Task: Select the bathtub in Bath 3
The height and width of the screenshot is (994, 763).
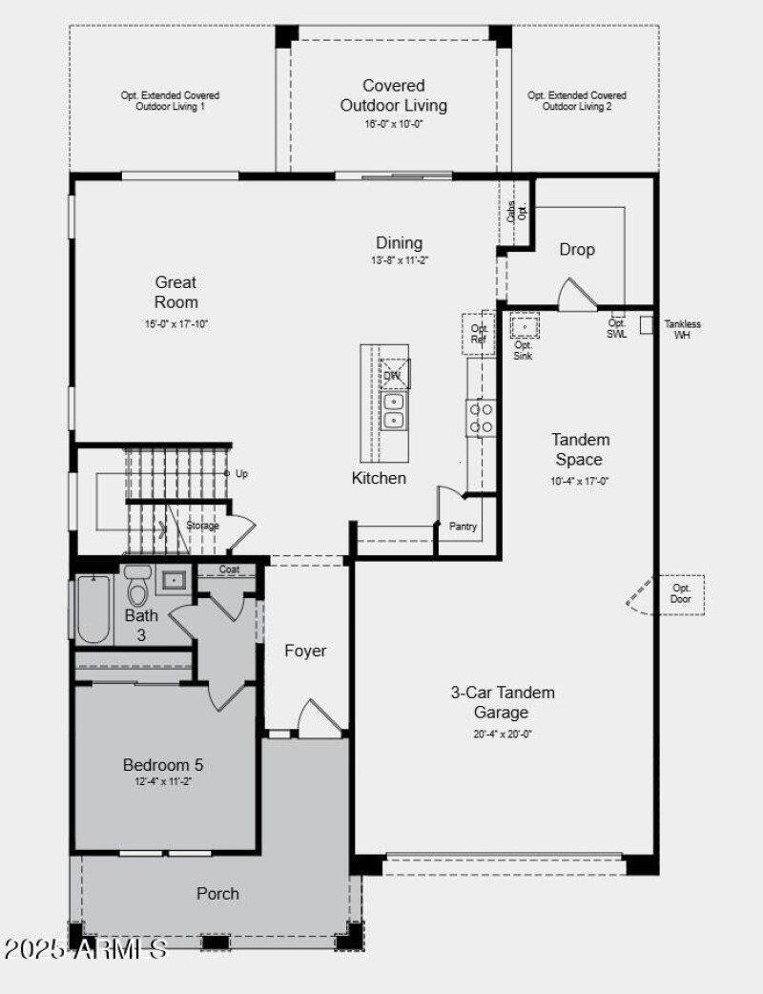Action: coord(93,610)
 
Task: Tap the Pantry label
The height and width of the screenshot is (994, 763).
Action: coord(464,527)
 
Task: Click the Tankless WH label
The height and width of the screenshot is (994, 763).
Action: coord(682,330)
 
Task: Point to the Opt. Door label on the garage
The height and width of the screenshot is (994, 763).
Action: coord(680,593)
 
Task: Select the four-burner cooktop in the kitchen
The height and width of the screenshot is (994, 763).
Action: coord(481,419)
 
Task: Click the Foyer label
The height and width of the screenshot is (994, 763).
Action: coord(305,651)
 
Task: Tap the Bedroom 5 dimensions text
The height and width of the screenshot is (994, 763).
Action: coord(162,782)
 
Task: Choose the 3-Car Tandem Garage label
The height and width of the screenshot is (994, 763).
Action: coord(503,702)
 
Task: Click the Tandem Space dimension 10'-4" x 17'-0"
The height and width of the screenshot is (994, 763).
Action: coord(580,482)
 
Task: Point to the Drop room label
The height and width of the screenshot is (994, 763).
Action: coord(577,249)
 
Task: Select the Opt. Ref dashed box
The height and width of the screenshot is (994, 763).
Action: coord(479,334)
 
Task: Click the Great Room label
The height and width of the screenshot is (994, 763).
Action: coord(176,292)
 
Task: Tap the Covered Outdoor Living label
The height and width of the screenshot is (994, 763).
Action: coord(394,95)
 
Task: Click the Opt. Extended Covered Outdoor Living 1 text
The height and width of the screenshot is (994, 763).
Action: coord(170,101)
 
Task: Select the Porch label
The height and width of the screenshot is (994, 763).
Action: coord(217,894)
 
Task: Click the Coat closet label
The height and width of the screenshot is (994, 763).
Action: coord(229,569)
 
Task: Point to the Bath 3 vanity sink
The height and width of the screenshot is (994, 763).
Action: coord(173,579)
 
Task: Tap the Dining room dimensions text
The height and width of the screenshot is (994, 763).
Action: coord(398,260)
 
